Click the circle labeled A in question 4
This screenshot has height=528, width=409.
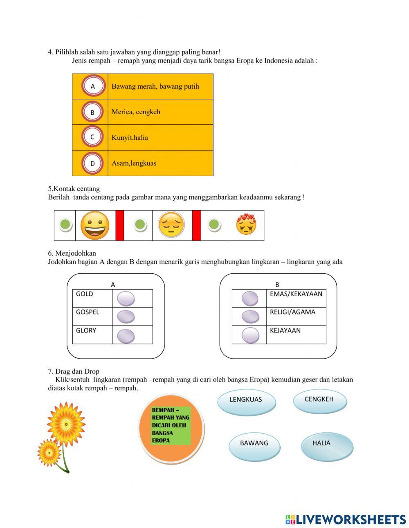[x=93, y=86]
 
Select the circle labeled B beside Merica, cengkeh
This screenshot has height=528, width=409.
[x=92, y=112]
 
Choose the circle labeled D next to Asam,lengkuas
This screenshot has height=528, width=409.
[x=92, y=163]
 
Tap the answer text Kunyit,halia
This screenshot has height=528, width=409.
[x=130, y=138]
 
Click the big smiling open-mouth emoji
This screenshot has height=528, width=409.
[x=95, y=225]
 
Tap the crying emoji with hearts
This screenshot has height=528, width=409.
[x=246, y=225]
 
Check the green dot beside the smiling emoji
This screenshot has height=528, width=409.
[x=65, y=225]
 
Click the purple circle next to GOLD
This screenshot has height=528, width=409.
[x=126, y=299]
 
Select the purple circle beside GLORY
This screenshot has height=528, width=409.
[x=126, y=336]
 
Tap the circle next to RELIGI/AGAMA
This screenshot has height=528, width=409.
[x=250, y=317]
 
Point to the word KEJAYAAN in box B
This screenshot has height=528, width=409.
[x=285, y=330]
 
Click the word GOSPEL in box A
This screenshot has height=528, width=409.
[x=88, y=312]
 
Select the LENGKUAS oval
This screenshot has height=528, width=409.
[x=246, y=401]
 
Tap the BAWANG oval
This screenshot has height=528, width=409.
[x=254, y=445]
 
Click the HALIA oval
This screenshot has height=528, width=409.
[x=326, y=445]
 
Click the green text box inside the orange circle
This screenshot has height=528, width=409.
[x=171, y=426]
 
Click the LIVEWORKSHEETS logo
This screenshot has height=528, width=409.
[x=346, y=519]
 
